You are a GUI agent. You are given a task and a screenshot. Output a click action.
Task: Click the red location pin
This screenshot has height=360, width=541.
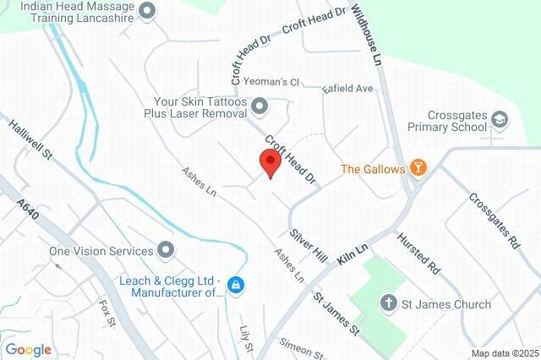(x=270, y=161)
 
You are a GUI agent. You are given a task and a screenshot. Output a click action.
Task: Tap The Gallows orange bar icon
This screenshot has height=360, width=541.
(x=418, y=168)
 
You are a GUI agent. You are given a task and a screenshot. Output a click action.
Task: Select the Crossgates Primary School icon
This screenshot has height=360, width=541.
(x=500, y=119)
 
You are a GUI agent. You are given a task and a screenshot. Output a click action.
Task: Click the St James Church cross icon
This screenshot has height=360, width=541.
(x=388, y=302)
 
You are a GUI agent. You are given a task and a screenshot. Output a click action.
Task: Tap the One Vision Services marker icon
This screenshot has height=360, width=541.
(x=166, y=250)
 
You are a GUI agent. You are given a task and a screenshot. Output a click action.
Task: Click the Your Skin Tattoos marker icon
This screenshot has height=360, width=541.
(x=260, y=106)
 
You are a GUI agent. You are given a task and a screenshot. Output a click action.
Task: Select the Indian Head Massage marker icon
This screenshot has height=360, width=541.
(x=148, y=11)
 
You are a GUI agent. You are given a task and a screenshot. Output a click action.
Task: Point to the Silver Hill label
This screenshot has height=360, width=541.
(x=308, y=243)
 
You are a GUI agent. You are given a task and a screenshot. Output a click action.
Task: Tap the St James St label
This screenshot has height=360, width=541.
(x=336, y=312)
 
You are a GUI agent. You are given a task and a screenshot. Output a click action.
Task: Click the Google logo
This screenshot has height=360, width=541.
(x=28, y=349)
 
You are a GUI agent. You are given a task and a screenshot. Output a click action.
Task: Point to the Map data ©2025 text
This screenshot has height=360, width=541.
(x=505, y=353)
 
